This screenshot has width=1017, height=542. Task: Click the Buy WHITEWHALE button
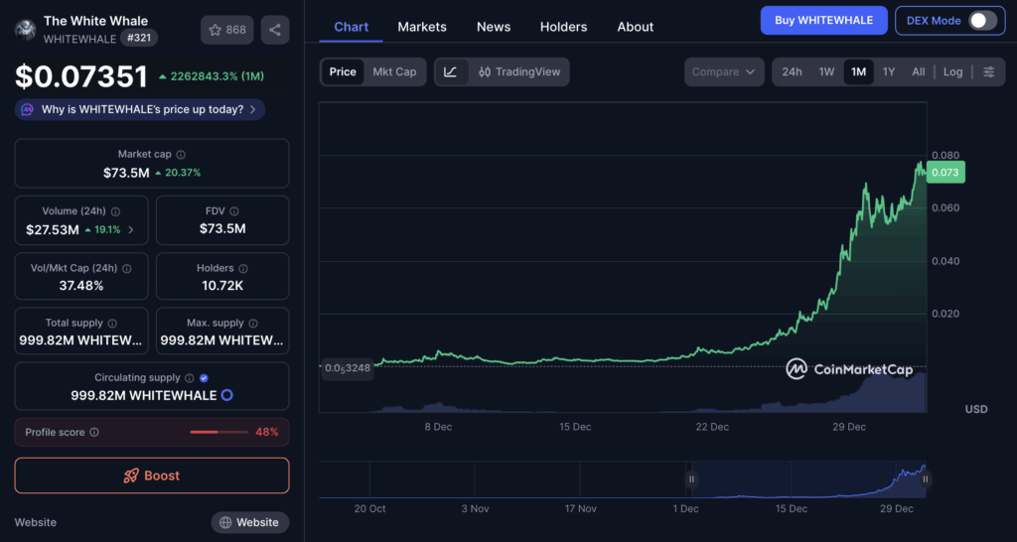pos(823,20)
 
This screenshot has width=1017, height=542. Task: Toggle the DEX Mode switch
pos(981,20)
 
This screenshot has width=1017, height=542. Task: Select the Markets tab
pos(422,27)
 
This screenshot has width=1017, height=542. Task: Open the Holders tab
pos(563,27)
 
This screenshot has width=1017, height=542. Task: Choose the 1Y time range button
pos(889,71)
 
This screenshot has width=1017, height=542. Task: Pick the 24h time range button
pos(792,71)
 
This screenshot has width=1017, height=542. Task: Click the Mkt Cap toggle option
pos(394,71)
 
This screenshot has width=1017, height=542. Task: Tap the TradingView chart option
pos(519,71)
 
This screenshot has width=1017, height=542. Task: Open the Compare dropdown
pos(724,71)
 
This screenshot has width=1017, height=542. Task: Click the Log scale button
pos(952,71)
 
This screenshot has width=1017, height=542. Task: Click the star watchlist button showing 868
pos(227,30)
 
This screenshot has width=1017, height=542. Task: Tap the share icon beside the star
pos(275,30)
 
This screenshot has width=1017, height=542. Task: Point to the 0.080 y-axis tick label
pos(944,155)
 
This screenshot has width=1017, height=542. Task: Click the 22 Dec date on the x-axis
pos(712,427)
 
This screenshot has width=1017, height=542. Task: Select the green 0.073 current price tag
pos(945,173)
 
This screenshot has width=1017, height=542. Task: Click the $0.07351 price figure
pos(81,76)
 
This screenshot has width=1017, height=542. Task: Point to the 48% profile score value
pos(266,432)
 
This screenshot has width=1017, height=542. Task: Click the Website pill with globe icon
pos(250,522)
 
